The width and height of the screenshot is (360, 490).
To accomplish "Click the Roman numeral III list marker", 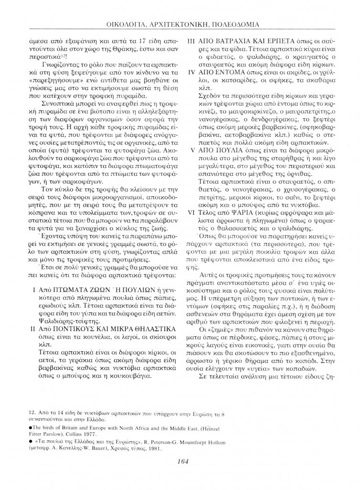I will (190, 41).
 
